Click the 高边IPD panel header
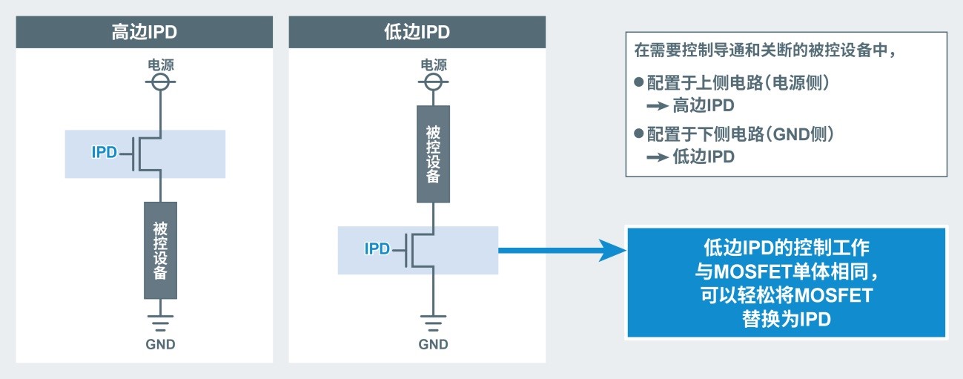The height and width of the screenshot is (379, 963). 144,33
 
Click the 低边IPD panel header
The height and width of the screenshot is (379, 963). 417,33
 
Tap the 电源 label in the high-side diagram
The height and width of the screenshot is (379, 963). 160,65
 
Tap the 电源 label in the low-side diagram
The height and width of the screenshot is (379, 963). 433,65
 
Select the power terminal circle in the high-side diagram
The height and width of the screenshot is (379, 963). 160,82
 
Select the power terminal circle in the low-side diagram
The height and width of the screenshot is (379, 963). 433,82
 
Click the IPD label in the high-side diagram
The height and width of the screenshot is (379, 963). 105,153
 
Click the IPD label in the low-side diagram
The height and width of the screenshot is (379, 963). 377,248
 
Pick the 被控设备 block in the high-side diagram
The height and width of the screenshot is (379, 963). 160,250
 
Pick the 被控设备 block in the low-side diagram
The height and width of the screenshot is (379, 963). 433,154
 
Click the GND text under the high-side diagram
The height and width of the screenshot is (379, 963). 160,344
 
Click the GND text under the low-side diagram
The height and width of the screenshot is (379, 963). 433,344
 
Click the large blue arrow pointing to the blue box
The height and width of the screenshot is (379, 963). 563,251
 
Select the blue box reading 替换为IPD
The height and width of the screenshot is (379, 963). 787,283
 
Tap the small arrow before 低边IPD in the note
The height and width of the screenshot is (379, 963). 657,157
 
